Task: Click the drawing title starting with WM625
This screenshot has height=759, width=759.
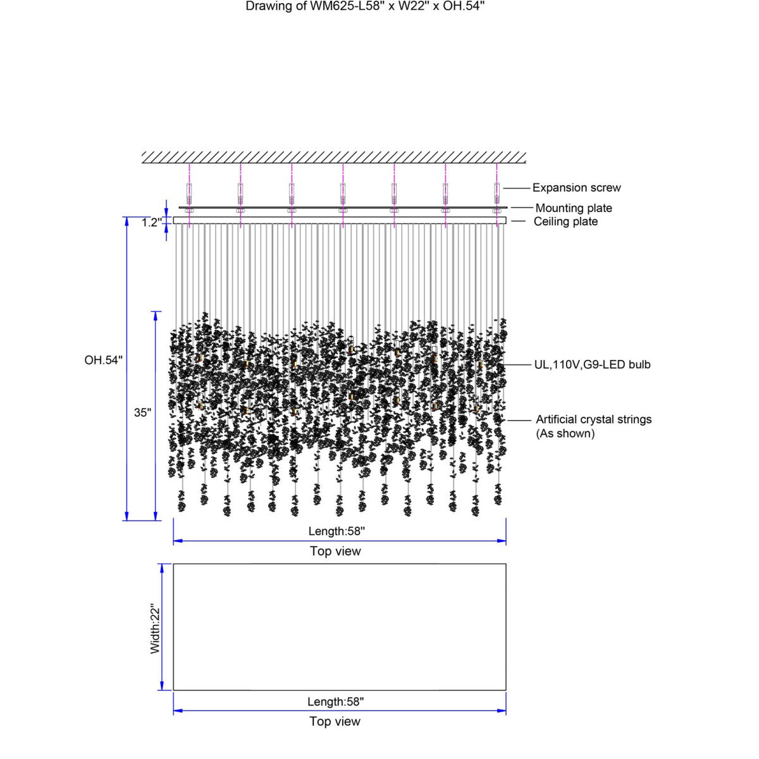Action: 365,6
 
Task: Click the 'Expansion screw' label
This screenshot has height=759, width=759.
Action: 576,188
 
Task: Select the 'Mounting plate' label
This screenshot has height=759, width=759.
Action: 574,208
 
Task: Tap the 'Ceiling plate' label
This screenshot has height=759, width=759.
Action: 565,221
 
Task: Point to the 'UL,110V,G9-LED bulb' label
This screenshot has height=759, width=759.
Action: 592,364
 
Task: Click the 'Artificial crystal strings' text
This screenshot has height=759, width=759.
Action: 593,419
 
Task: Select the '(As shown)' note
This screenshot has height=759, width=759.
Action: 565,434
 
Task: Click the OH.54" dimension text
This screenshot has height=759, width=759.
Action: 104,360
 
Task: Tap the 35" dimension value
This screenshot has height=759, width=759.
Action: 142,412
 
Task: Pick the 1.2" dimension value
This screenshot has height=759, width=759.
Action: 152,223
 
